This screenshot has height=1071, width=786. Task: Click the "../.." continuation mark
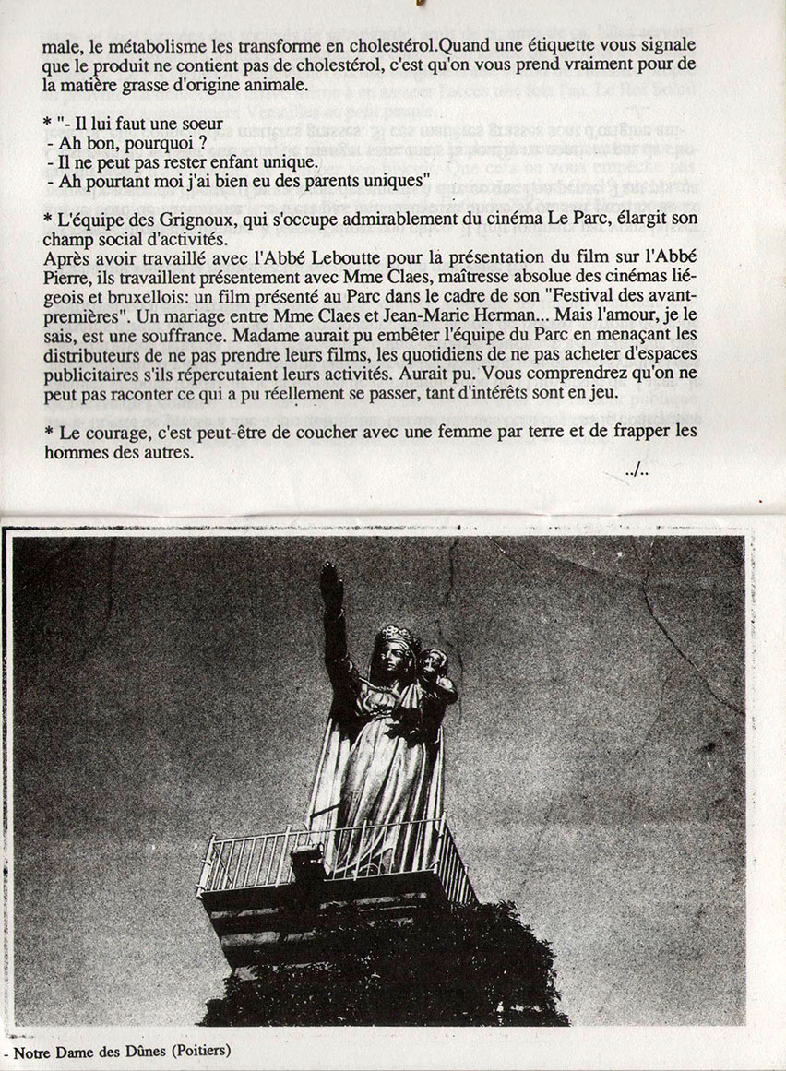[637, 471]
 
